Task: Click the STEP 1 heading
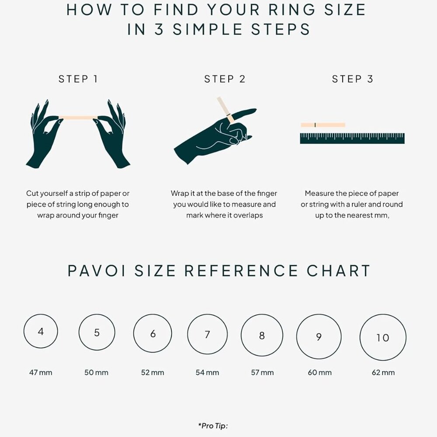pyautogui.click(x=78, y=79)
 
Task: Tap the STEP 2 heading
pyautogui.click(x=225, y=79)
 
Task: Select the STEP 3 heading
pyautogui.click(x=352, y=79)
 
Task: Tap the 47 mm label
pyautogui.click(x=41, y=372)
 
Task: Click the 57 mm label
pyautogui.click(x=262, y=372)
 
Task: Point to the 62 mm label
pyautogui.click(x=383, y=372)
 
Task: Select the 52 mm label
pyautogui.click(x=153, y=372)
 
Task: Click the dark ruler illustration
pyautogui.click(x=352, y=139)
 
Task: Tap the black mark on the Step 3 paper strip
pyautogui.click(x=315, y=125)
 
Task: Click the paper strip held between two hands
pyautogui.click(x=78, y=118)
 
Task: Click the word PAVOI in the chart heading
pyautogui.click(x=97, y=271)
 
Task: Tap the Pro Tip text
pyautogui.click(x=213, y=426)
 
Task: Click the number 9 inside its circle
pyautogui.click(x=319, y=337)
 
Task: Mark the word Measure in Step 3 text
pyautogui.click(x=318, y=193)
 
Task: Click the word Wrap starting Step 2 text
pyautogui.click(x=180, y=194)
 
